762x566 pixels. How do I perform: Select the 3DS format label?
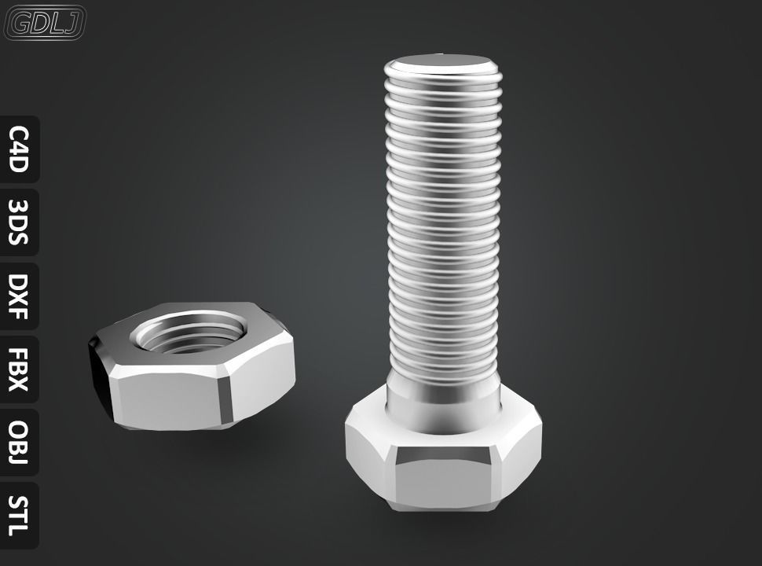point(19,222)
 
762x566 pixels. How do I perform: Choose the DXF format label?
point(19,296)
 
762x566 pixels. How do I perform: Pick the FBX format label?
point(19,369)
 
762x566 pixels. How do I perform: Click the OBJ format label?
point(19,443)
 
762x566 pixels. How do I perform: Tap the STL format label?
point(19,515)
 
